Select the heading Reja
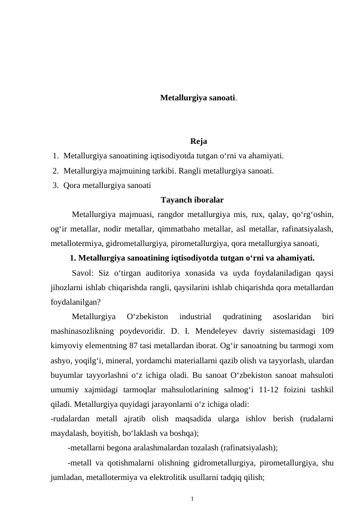tap(198, 142)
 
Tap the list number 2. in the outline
tap(56, 171)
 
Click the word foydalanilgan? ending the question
tap(76, 301)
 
